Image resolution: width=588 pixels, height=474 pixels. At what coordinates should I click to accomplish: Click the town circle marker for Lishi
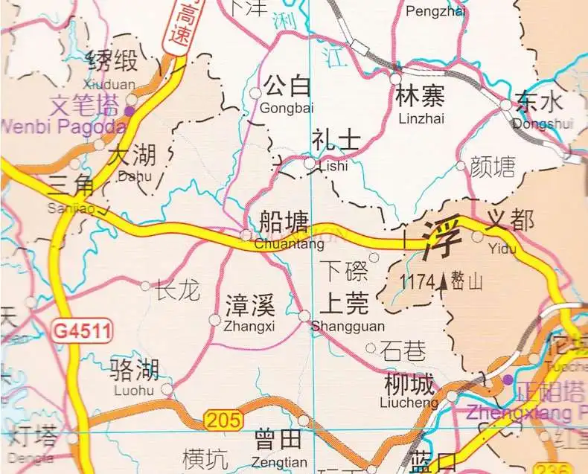[310, 162]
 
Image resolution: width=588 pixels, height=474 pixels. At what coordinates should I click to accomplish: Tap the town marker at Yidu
[477, 236]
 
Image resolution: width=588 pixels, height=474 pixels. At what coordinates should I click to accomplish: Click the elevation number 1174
[416, 283]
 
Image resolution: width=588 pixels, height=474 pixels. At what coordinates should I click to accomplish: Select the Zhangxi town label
[250, 313]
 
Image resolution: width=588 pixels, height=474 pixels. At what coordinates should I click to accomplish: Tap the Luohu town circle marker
[167, 388]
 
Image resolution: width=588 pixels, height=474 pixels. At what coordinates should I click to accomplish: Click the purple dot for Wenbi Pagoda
[130, 111]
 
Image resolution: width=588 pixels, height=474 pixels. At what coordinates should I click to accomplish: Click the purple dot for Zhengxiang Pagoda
[508, 380]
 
